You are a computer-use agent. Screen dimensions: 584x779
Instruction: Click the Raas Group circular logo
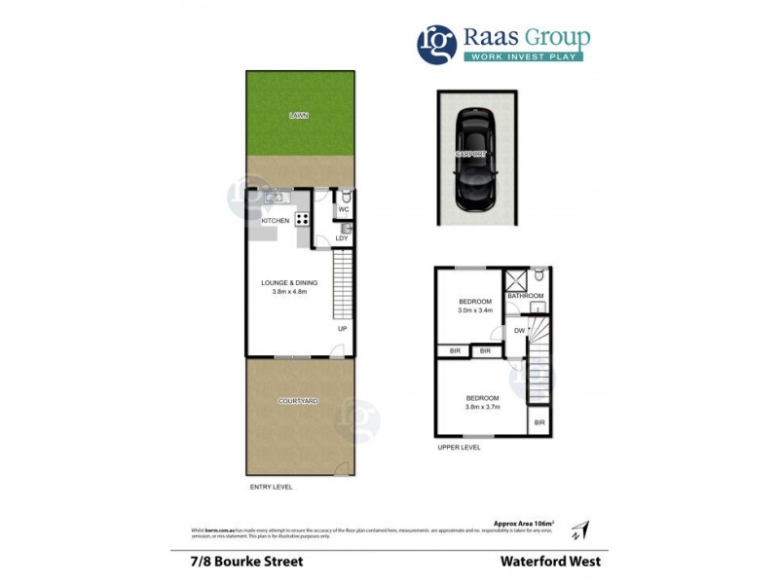pos(437,44)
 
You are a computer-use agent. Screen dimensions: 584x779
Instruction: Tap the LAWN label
pos(299,116)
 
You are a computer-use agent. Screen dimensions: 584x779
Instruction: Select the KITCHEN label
pos(275,221)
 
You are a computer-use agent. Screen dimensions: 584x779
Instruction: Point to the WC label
pos(343,209)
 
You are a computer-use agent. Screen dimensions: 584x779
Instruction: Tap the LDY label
pos(342,238)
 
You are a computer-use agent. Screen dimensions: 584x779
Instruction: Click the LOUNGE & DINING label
pos(289,282)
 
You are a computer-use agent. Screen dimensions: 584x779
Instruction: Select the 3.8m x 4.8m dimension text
pos(289,292)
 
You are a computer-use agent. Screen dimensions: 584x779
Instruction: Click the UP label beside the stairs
pos(342,328)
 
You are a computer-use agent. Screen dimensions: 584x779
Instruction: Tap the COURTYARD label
pos(298,401)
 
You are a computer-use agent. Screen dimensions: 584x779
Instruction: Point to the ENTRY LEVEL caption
pos(271,487)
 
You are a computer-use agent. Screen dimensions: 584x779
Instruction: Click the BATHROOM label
pos(525,296)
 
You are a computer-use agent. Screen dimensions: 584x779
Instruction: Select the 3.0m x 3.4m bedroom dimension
pos(475,311)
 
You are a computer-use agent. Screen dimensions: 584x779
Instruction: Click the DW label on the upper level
pos(519,331)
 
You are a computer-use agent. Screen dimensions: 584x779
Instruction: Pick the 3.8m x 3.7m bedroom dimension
pos(482,408)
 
